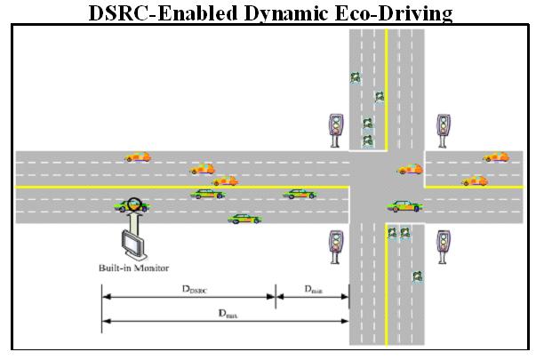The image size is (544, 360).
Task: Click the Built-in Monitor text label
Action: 133,268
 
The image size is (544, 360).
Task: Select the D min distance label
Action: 313,290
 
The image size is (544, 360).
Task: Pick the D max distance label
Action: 228,313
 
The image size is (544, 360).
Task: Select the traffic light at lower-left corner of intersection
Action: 336,244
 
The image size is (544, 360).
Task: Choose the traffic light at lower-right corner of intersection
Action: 443,244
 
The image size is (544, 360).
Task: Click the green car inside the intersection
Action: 404,205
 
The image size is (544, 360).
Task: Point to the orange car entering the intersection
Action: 409,168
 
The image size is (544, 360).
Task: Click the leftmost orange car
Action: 138,156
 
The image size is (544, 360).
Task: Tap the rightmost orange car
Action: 496,156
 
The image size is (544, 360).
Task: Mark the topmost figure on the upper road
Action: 356,77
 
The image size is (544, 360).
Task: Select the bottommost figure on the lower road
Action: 417,276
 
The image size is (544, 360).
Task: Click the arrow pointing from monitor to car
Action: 134,216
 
